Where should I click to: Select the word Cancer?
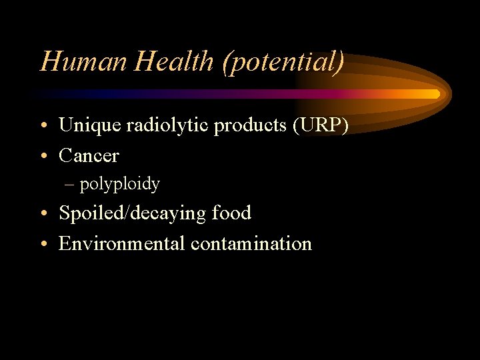coord(89,156)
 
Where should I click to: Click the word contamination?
coord(251,244)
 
